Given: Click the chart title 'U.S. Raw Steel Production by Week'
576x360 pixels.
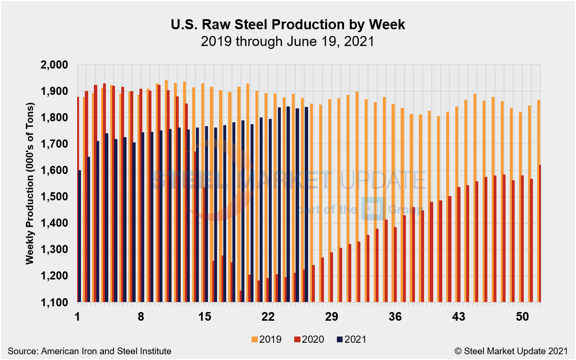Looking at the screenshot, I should point(288,25).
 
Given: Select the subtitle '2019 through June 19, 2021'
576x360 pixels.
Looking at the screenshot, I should point(288,42).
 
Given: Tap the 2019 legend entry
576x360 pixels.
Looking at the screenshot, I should point(265,339).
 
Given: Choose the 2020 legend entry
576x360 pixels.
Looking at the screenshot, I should point(307,339).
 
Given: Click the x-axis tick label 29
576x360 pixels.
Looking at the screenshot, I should point(332,317).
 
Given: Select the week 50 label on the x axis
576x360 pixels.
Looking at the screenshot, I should point(522,317).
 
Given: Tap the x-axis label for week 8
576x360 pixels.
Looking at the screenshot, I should point(141,317).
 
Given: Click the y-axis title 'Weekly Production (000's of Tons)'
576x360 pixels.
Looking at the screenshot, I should point(30,183).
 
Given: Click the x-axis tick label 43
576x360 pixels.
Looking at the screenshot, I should point(459,317).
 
